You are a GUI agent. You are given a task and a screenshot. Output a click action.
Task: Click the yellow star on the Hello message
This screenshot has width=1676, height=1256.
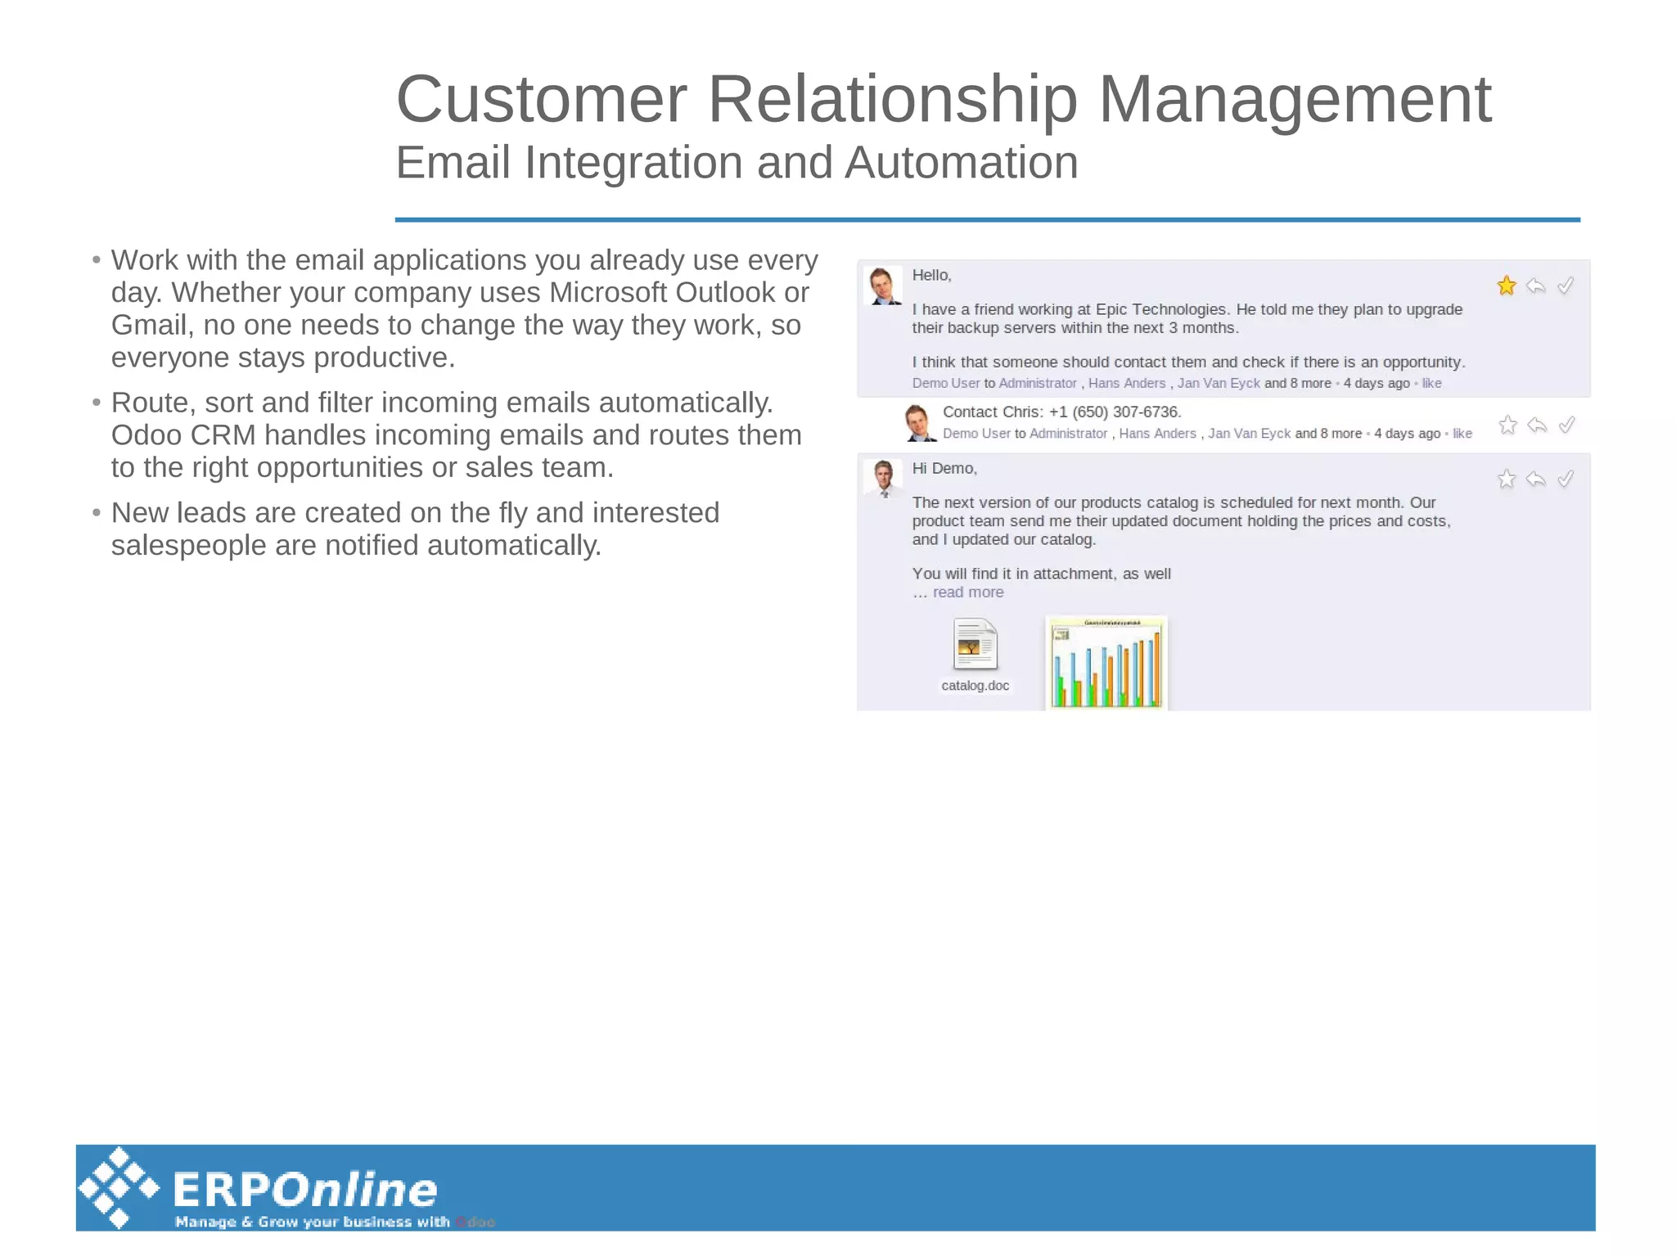(1506, 286)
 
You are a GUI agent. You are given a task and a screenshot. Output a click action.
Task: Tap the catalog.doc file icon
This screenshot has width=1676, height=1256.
(975, 645)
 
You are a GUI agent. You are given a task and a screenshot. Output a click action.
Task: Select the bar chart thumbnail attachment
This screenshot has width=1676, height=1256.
(1106, 662)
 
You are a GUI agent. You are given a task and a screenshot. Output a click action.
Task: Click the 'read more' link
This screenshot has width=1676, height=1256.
(968, 592)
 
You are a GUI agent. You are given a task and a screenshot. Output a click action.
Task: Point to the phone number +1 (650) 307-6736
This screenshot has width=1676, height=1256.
(1115, 412)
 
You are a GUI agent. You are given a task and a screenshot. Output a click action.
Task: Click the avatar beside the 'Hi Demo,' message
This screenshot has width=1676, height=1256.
(883, 478)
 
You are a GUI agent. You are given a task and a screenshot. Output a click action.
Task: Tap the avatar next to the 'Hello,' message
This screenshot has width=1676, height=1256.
(883, 286)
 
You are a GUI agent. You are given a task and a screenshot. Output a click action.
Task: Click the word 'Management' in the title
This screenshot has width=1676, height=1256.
(1295, 100)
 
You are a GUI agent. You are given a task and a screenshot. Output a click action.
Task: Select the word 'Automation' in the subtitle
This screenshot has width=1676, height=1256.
(961, 163)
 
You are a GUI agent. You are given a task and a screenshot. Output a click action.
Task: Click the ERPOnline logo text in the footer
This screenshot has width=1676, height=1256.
(304, 1190)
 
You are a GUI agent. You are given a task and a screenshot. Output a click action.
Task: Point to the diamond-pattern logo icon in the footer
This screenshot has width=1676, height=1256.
(119, 1188)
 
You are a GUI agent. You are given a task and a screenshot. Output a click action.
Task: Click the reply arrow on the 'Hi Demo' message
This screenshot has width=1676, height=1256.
(1536, 479)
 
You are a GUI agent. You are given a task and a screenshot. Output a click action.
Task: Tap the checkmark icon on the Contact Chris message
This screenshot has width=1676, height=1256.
(1566, 425)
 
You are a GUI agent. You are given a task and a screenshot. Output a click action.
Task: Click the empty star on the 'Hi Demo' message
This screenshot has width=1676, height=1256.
(1506, 479)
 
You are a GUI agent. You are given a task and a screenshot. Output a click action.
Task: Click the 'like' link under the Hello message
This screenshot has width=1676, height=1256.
(1431, 384)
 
